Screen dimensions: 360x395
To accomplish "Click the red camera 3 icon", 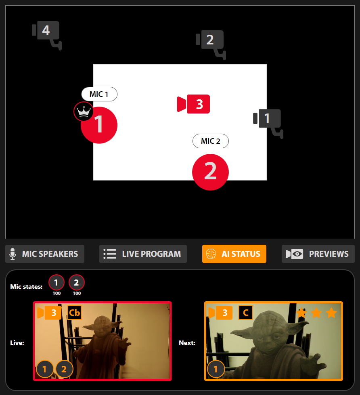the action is coord(193,104).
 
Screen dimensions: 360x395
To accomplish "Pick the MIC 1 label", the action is coord(99,94).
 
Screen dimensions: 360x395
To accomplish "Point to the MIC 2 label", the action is coord(210,141).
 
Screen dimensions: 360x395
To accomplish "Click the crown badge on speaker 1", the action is coord(84,111).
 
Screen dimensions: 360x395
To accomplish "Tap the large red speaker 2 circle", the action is coord(210,172).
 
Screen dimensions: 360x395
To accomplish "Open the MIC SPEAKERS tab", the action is coord(45,254).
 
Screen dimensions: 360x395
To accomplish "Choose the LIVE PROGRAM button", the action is coord(143,254).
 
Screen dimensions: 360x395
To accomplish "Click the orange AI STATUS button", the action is coord(234,254).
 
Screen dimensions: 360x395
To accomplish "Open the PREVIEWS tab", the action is coord(318,254).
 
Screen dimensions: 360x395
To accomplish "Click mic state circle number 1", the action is coord(57,282).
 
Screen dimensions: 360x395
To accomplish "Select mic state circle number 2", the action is coord(77,282).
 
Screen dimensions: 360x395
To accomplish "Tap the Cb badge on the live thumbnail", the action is coord(75,313).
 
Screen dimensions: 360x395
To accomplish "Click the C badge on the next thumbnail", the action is coord(246,313).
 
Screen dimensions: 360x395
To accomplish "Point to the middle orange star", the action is coord(316,313).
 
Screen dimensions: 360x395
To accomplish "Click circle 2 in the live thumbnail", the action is coord(64,369).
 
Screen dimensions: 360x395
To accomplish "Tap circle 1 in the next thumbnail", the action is coord(216,369).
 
